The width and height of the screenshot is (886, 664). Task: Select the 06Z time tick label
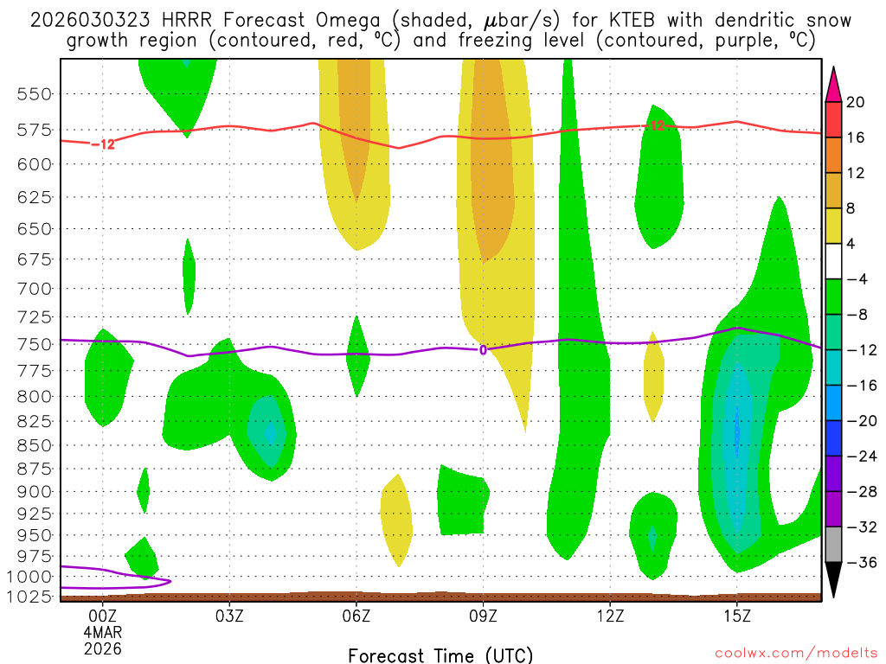pos(356,616)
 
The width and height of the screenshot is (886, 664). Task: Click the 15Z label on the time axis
pos(736,616)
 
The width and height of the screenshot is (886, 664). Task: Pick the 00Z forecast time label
pos(103,616)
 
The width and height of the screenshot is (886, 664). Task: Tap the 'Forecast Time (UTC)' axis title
pos(440,654)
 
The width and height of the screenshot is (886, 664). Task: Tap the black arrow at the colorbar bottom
pos(833,579)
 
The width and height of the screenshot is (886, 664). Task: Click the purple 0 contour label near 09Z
pos(483,349)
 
